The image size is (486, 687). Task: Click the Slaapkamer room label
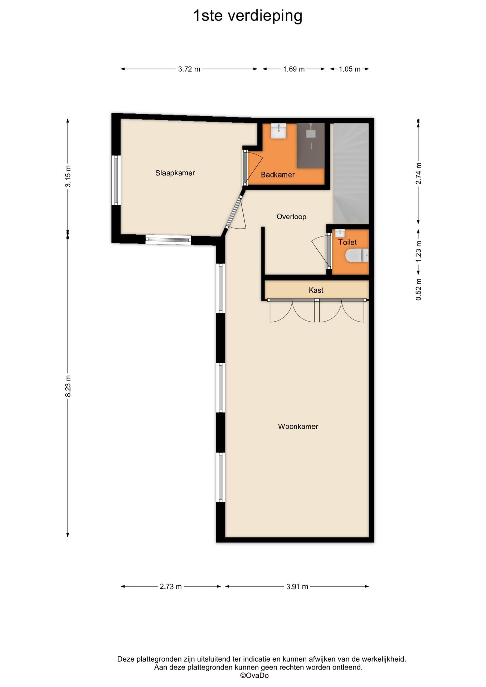(x=175, y=173)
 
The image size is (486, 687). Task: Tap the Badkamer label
(x=278, y=175)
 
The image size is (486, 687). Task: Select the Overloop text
(x=291, y=216)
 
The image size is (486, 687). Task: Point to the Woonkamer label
(x=298, y=427)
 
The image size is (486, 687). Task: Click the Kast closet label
(x=316, y=290)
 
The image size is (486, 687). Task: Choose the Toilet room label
(x=348, y=242)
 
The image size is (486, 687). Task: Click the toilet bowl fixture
(x=357, y=255)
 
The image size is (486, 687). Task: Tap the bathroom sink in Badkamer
(x=278, y=131)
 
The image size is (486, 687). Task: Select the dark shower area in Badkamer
(x=311, y=146)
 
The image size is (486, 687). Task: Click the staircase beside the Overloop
(x=351, y=173)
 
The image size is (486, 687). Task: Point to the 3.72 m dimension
(x=189, y=69)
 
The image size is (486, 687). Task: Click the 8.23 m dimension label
(x=68, y=386)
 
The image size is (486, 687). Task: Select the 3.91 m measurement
(x=297, y=586)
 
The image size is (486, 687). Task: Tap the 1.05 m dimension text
(x=350, y=69)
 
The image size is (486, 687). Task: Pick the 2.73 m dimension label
(x=171, y=586)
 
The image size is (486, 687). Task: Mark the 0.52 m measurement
(x=418, y=289)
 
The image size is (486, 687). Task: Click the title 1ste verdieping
(x=248, y=16)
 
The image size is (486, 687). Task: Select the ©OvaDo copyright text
(x=254, y=676)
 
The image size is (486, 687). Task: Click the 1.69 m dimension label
(x=294, y=69)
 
